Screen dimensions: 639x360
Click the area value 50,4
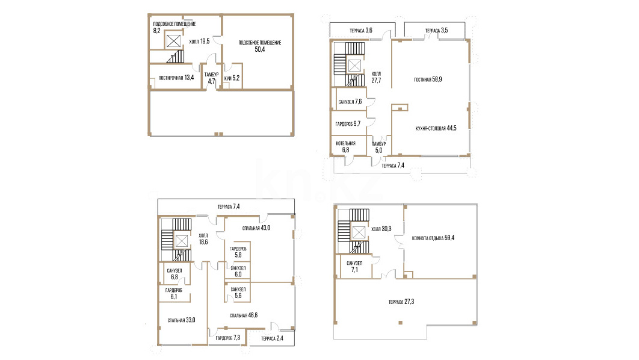259,49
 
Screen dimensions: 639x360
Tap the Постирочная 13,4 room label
176,78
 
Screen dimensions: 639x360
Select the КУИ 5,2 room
232,78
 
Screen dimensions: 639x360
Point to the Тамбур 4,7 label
212,78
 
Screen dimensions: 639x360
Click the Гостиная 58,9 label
428,79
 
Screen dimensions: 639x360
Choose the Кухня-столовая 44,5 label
436,128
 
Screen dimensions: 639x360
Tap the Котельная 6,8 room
345,147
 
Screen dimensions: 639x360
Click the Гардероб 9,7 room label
348,123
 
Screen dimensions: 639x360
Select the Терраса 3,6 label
361,30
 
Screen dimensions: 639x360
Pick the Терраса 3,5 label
436,30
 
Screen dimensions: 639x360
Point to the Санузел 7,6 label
350,102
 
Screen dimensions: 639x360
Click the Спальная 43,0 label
256,228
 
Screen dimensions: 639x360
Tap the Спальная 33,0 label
181,320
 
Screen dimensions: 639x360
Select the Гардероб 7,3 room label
228,338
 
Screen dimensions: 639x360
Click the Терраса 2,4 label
272,338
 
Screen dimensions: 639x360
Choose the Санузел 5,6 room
238,293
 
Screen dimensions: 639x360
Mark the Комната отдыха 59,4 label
433,238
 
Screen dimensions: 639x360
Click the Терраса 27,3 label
401,302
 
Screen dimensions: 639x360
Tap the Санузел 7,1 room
354,267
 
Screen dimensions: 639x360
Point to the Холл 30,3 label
381,229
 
